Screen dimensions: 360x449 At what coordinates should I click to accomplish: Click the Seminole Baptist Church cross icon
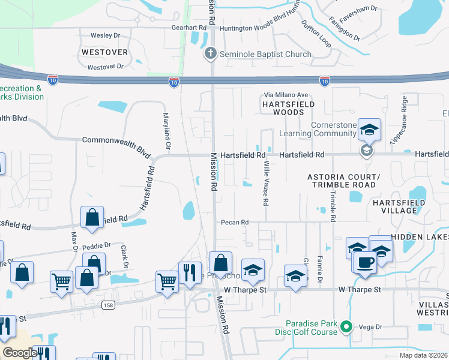[211, 54]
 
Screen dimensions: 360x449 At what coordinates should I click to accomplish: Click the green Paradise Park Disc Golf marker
[345, 326]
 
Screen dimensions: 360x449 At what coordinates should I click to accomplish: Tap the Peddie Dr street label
[97, 245]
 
